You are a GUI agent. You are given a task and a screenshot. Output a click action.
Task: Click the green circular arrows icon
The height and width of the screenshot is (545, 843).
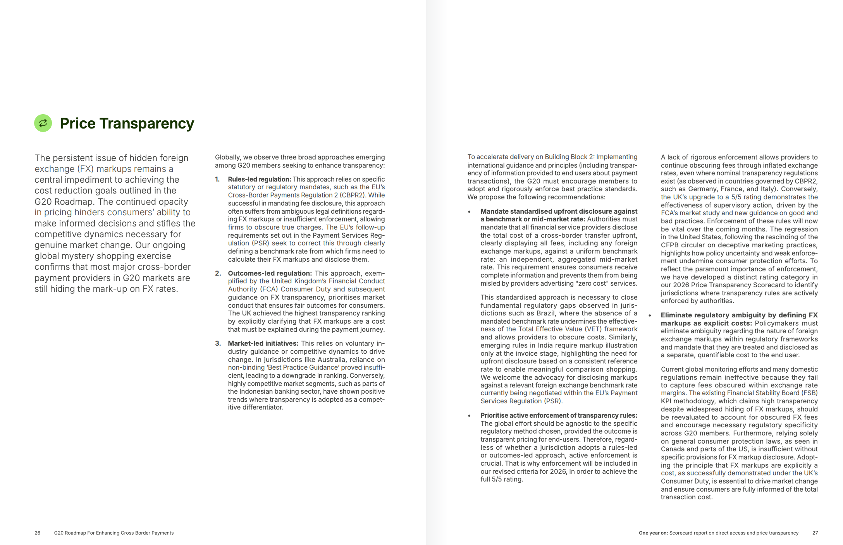(43, 123)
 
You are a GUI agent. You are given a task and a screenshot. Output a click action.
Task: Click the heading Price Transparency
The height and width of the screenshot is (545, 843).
(127, 123)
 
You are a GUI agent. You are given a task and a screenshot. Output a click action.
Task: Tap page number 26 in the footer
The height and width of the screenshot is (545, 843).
(37, 533)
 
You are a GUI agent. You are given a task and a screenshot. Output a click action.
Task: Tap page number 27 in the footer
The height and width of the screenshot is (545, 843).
(815, 533)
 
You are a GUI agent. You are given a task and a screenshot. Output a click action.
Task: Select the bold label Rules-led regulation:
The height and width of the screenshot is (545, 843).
(259, 179)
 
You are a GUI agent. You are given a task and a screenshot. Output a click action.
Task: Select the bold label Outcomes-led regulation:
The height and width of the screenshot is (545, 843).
(270, 273)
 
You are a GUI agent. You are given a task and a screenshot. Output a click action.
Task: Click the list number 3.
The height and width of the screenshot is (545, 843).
(218, 343)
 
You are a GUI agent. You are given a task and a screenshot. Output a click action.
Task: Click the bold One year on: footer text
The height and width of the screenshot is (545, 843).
(653, 533)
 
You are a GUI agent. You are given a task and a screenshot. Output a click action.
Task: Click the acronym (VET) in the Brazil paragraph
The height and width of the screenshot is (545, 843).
(593, 329)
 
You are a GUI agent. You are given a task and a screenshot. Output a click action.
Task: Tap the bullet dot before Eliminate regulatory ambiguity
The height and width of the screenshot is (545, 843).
(650, 315)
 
